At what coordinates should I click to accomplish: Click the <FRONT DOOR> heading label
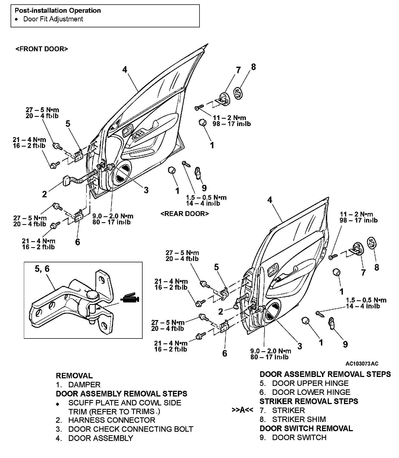[x=42, y=49]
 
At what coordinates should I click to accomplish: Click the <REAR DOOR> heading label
[x=185, y=214]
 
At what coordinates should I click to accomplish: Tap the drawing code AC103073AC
[x=362, y=364]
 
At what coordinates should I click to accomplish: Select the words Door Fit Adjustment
[x=53, y=19]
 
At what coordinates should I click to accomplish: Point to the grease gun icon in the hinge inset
[x=129, y=298]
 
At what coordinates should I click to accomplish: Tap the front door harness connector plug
[x=67, y=181]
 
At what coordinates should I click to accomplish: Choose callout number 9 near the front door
[x=204, y=188]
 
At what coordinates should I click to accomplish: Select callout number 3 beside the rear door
[x=300, y=346]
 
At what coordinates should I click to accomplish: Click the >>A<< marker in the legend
[x=242, y=410]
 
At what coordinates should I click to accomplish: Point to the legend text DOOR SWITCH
[x=299, y=437]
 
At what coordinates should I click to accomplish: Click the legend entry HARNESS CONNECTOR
[x=112, y=420]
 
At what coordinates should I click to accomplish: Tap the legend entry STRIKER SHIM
[x=299, y=419]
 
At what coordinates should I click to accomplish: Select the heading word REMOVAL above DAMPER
[x=74, y=376]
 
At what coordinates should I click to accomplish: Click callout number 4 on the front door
[x=124, y=70]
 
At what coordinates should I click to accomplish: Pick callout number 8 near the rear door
[x=376, y=267]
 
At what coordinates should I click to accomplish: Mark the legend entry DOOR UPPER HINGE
[x=310, y=383]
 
